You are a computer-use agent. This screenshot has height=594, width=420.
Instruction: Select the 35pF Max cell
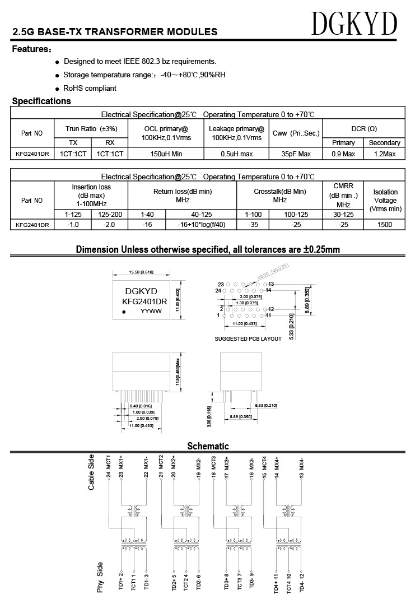296,154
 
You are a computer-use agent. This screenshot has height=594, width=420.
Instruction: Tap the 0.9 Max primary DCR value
343,154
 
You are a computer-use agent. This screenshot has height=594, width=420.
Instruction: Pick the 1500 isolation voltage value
385,225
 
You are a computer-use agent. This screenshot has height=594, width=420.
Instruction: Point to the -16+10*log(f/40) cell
201,225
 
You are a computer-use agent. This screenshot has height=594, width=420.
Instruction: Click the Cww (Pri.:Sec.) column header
296,133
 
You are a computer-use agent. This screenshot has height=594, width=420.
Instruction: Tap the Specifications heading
41,101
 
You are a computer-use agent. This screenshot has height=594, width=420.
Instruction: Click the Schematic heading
208,446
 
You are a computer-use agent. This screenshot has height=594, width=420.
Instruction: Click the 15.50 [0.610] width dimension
141,272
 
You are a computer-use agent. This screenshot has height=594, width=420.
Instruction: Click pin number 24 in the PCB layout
218,290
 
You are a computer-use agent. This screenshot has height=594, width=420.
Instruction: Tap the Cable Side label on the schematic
91,473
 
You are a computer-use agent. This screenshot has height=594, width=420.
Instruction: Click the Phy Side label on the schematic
100,577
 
